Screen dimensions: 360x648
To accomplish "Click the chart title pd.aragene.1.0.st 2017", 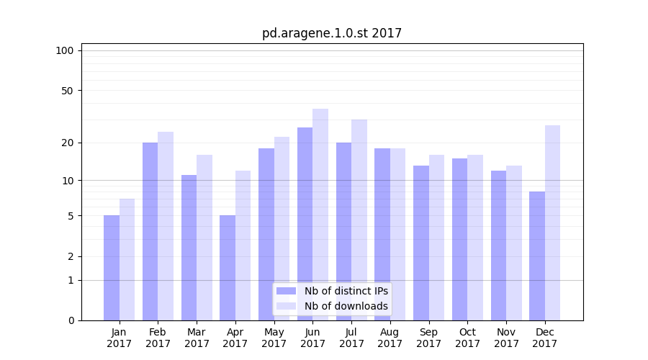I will click(x=332, y=33).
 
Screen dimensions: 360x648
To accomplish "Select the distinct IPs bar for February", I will click(x=150, y=231).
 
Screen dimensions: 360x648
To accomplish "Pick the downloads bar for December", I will click(x=552, y=222).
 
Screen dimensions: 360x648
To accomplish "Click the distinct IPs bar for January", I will click(x=112, y=268).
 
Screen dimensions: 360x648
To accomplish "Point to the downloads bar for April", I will click(x=243, y=246).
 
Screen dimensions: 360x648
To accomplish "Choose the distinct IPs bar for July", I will click(x=343, y=231).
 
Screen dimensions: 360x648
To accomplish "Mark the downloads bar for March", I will click(x=204, y=238).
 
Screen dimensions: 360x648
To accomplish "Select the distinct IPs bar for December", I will click(x=537, y=256).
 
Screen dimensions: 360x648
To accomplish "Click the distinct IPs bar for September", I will click(x=421, y=243).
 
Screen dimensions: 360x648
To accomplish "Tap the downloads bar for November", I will click(x=514, y=243).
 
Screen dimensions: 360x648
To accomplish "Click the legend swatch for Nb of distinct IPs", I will click(x=287, y=291).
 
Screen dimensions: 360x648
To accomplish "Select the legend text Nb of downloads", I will click(x=346, y=306).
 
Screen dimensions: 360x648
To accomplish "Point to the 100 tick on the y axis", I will click(x=65, y=50).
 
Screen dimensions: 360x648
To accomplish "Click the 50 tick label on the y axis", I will click(x=68, y=91).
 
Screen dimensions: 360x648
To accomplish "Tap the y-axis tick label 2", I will click(x=71, y=256).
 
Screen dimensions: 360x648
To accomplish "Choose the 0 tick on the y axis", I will click(x=71, y=320).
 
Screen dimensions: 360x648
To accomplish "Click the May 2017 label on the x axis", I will click(x=274, y=338).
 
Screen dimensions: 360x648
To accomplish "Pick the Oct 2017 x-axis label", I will click(x=467, y=338).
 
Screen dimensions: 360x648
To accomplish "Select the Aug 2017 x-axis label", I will click(x=390, y=338).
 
